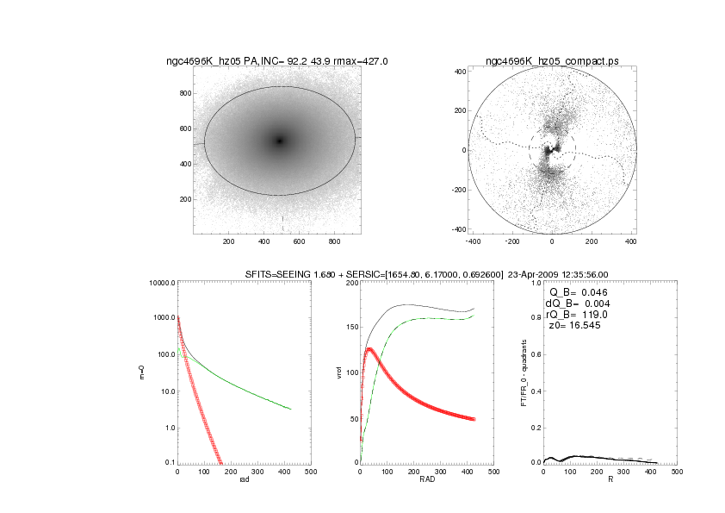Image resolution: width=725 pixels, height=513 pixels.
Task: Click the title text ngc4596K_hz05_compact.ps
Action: (551, 61)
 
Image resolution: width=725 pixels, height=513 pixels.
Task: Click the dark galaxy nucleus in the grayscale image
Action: (280, 141)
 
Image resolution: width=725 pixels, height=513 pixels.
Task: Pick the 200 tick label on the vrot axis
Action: (350, 283)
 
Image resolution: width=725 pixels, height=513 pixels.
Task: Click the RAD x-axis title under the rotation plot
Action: (426, 479)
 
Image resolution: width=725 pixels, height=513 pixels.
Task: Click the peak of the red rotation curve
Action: (369, 349)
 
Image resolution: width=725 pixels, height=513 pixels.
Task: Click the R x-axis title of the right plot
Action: (610, 479)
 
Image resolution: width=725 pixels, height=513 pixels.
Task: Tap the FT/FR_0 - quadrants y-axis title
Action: (524, 372)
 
